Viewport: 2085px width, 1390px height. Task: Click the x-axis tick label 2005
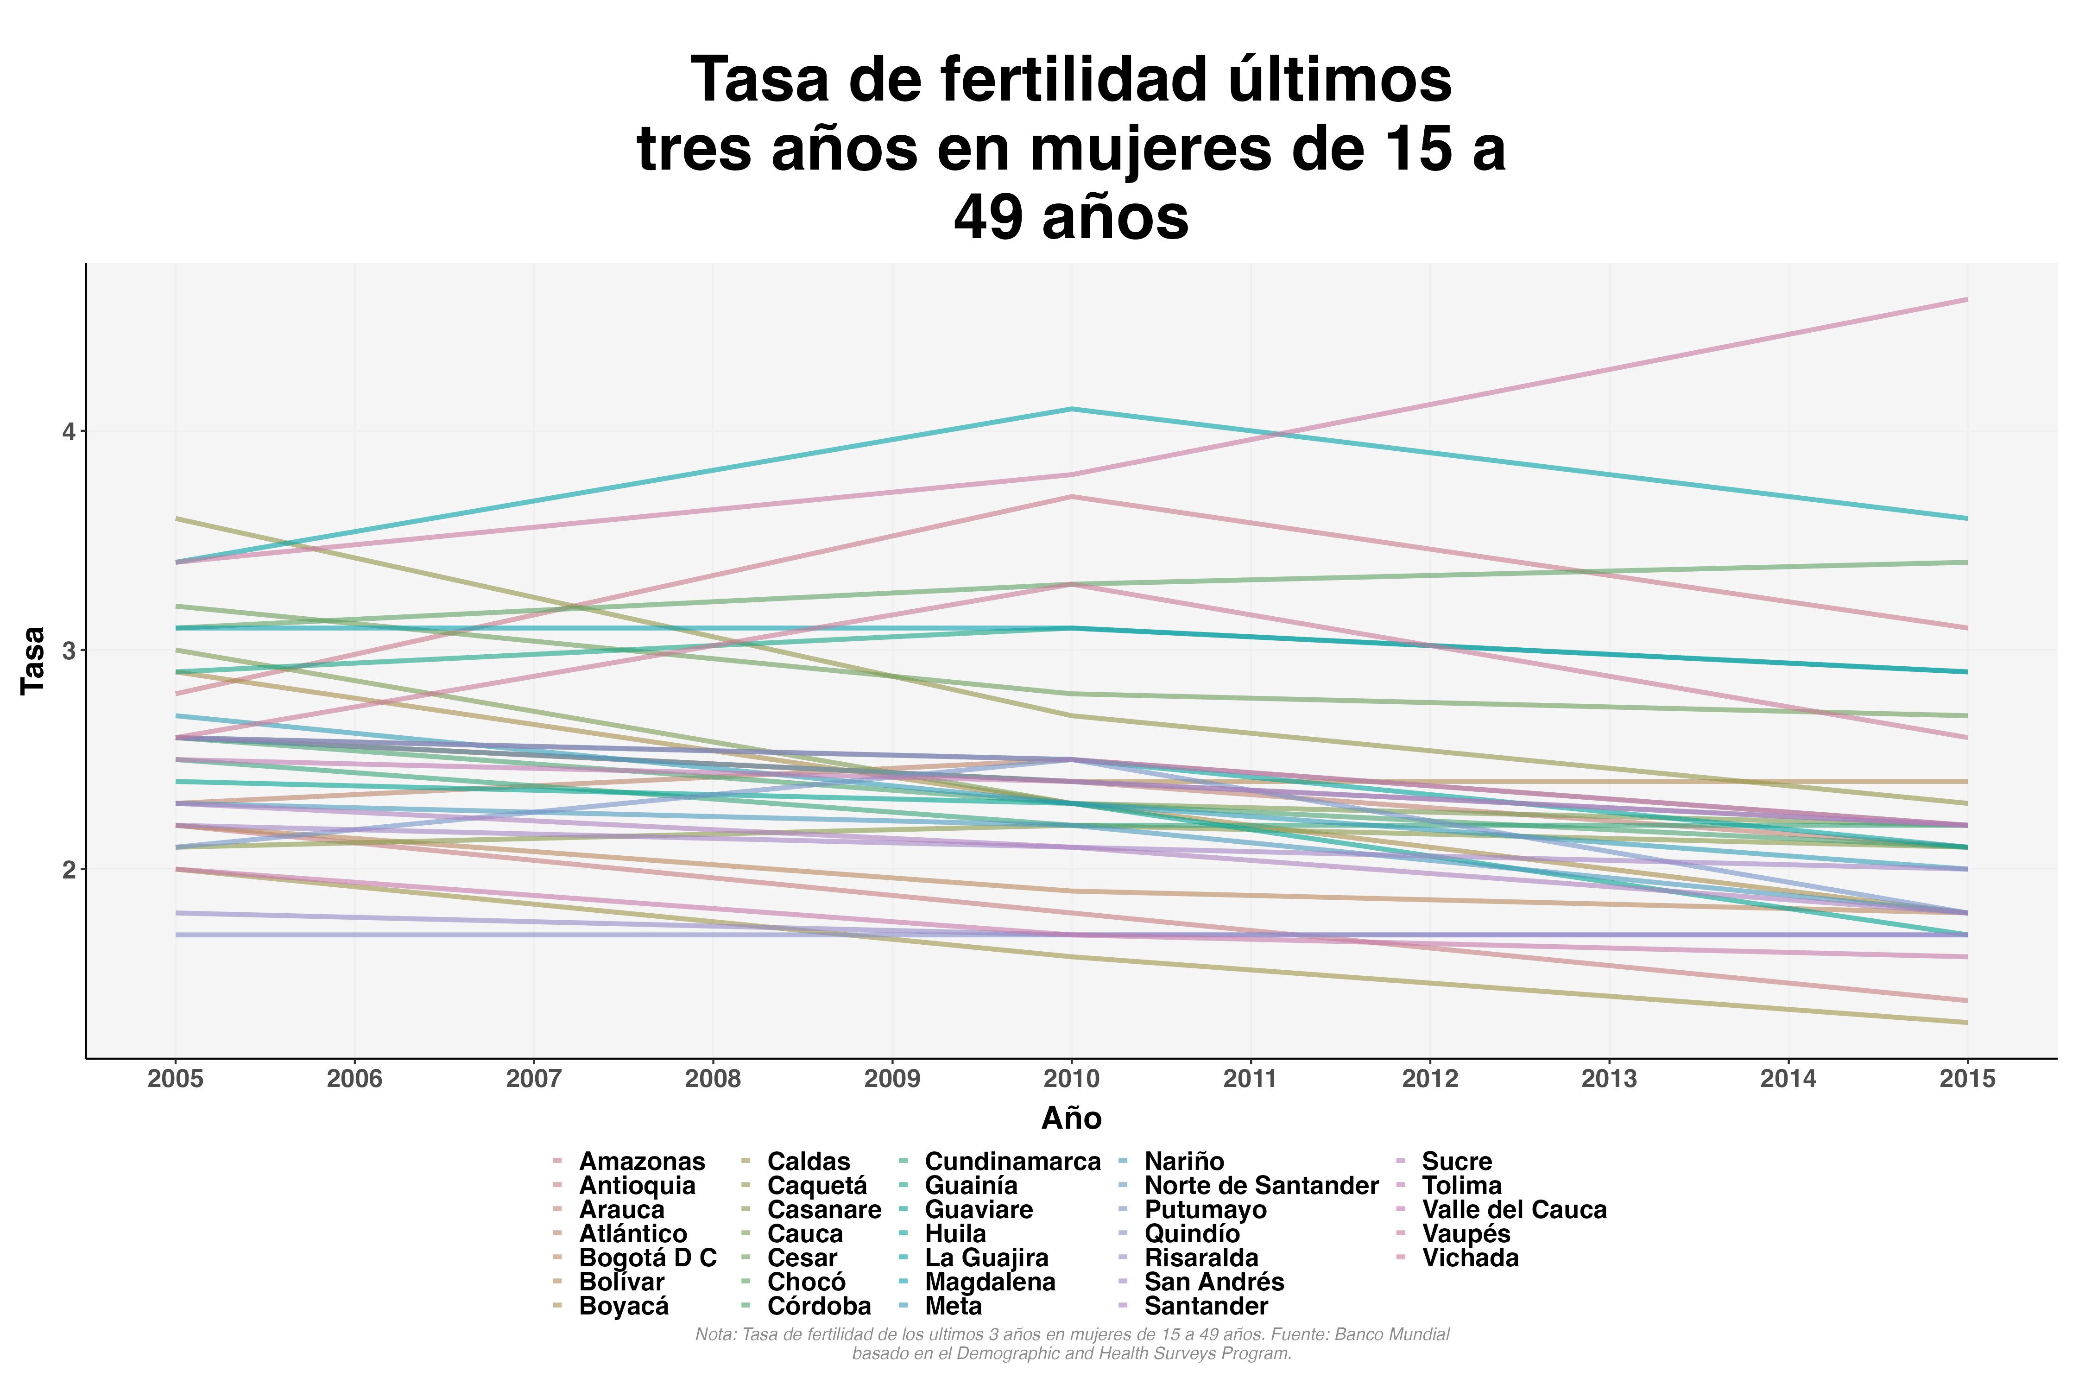point(176,1079)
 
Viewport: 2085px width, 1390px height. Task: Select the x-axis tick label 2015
point(1967,1079)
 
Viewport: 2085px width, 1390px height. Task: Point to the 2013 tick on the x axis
point(1609,1079)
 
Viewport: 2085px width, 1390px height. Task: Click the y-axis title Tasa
point(34,660)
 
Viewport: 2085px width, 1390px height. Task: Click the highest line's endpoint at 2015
point(1967,300)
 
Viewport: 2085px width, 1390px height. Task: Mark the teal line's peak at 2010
point(1072,409)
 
